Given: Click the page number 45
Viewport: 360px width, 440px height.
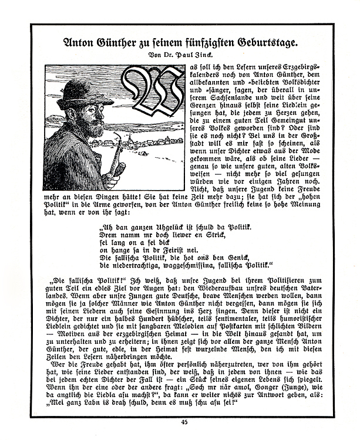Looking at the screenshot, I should click(184, 421).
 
